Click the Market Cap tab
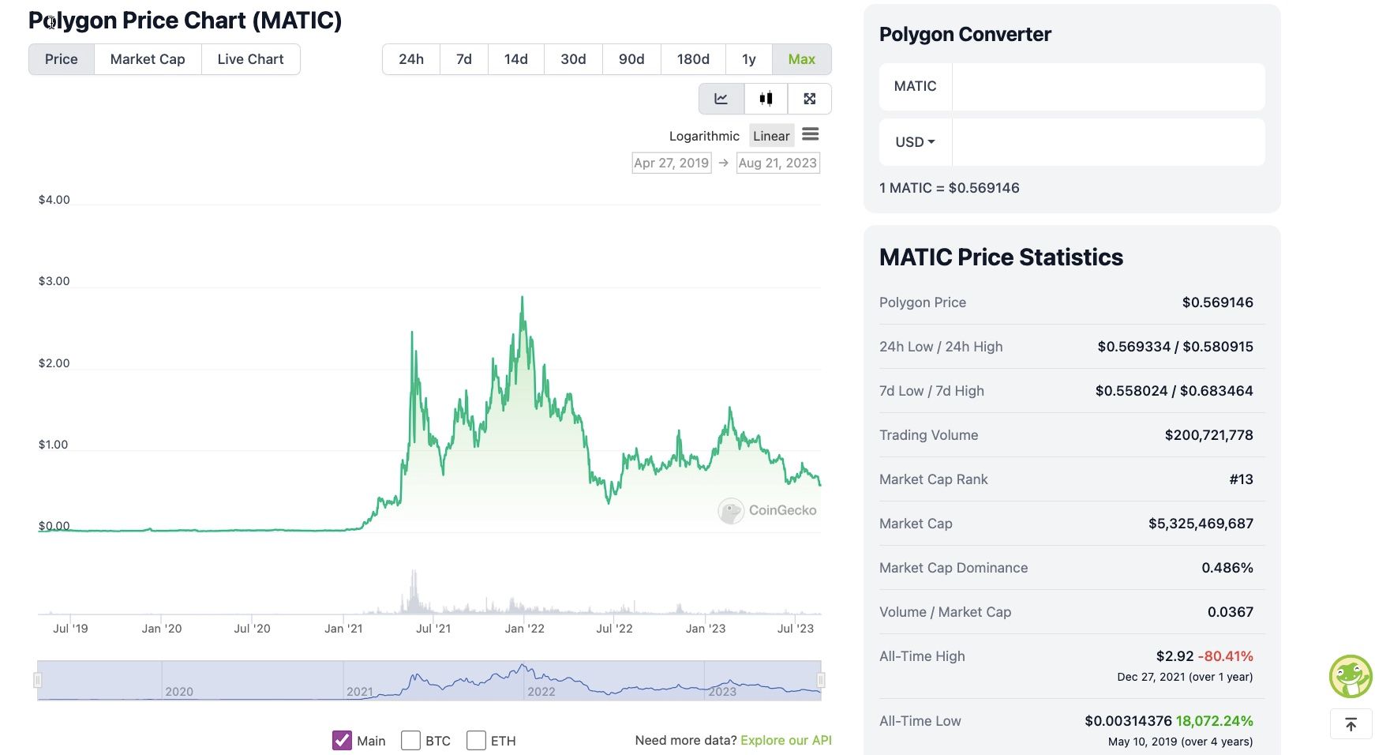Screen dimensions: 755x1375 148,59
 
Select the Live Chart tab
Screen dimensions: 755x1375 250,59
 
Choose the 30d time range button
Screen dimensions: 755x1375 573,59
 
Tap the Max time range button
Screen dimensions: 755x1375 801,59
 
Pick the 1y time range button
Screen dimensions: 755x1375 748,59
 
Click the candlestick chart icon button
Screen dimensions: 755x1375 766,99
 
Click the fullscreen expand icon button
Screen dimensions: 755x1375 809,99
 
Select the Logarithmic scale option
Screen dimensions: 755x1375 704,136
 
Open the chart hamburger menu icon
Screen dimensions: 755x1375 810,134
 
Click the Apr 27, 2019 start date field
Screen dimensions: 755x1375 672,163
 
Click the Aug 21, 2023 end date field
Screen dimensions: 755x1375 777,163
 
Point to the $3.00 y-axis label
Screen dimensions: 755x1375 54,281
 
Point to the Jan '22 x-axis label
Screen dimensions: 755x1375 524,629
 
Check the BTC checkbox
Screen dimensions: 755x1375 410,740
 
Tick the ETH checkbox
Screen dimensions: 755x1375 476,740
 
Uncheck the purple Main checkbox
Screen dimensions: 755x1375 342,740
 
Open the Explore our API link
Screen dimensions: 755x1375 785,740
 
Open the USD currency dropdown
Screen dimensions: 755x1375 915,142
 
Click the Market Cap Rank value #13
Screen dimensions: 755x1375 1241,479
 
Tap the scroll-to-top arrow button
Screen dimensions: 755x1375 1351,724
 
